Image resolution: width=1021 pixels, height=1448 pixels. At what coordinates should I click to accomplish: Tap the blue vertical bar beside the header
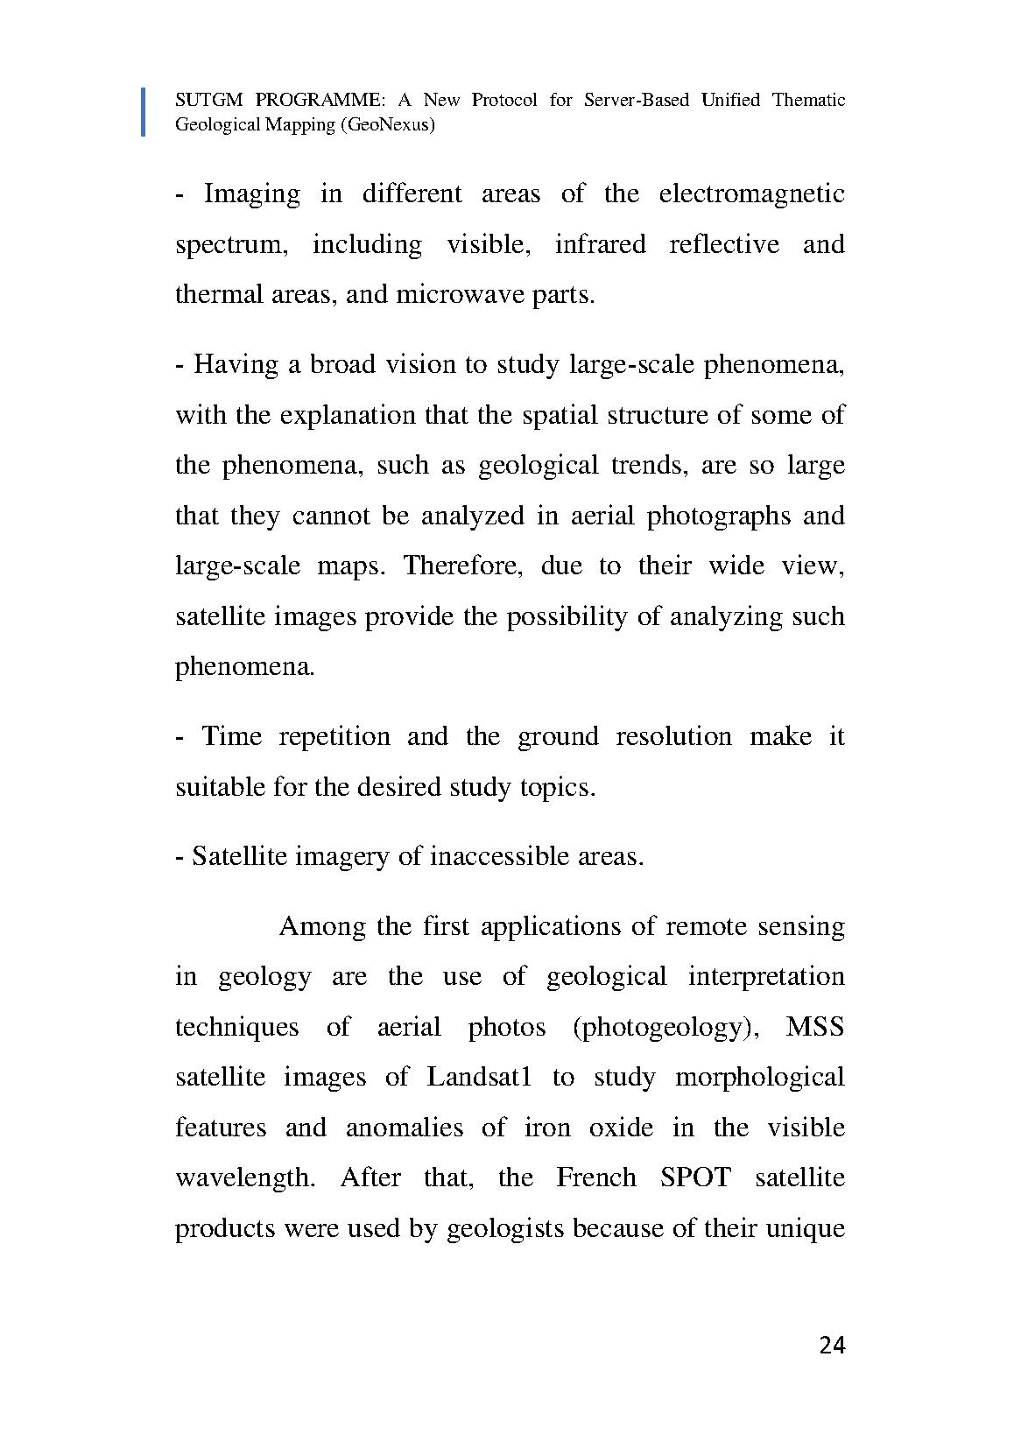tap(143, 112)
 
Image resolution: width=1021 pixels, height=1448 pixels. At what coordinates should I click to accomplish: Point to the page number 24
tap(833, 1346)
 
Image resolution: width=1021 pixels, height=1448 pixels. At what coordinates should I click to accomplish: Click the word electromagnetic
tap(751, 193)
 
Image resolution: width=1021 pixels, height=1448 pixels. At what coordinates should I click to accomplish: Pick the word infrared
tap(600, 244)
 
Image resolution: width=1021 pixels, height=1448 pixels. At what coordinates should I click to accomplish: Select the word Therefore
tap(462, 566)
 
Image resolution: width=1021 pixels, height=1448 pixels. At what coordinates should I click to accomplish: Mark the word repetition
tap(334, 736)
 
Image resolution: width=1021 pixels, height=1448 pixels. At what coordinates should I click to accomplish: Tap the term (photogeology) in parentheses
tap(665, 1027)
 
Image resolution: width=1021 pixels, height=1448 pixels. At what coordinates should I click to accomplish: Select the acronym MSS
tap(815, 1027)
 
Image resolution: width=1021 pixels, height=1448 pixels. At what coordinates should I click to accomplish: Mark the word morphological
tap(759, 1077)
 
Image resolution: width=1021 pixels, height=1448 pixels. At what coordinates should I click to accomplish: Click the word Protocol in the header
tap(504, 100)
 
